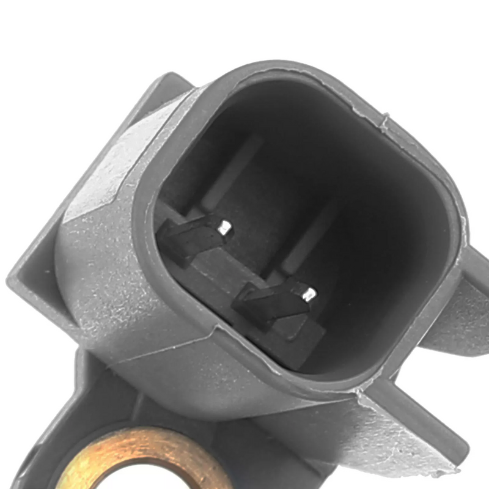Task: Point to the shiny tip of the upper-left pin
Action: point(224,228)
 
